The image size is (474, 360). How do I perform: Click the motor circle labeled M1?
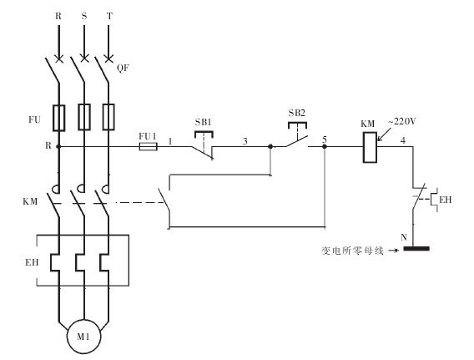pos(83,337)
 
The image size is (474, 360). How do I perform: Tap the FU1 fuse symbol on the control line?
pos(149,147)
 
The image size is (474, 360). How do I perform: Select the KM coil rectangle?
pos(370,148)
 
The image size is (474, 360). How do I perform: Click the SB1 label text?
pos(203,122)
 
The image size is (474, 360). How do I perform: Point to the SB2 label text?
pos(296,113)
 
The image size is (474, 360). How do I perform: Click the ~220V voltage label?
pos(402,121)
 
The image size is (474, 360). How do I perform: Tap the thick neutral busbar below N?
pos(416,249)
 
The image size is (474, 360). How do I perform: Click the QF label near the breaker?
pos(123,68)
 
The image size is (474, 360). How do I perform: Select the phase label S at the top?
pos(84,16)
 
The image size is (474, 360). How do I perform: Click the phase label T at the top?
pos(109,16)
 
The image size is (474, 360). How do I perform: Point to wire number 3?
pos(245,141)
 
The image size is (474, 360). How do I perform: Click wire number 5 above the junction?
pos(325,139)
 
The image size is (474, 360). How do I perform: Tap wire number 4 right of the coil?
pos(403,140)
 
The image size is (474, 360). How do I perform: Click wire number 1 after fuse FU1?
pos(170,141)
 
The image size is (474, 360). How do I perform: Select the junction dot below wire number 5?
pos(325,147)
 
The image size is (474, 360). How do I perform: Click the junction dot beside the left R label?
pos(58,147)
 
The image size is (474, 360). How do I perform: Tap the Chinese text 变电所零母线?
pos(352,251)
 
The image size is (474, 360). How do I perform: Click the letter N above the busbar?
pos(404,237)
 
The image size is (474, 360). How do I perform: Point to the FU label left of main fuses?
pos(34,119)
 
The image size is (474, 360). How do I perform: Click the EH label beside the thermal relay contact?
pos(446,200)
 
